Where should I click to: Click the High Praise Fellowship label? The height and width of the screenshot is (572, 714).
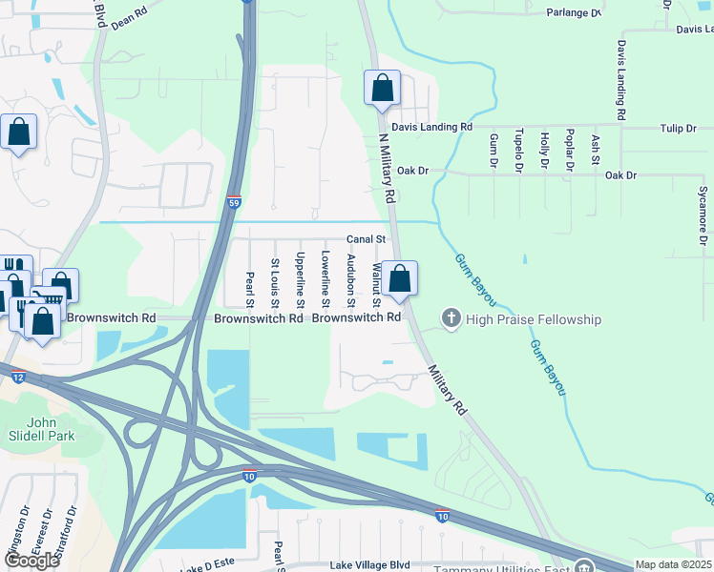coord(534,318)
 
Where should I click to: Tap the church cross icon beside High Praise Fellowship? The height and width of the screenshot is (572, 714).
coord(451,317)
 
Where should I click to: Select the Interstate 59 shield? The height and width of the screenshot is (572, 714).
coord(234,202)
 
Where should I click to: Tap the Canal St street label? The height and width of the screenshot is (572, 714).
coord(366,239)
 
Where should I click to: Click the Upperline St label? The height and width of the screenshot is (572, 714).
coord(300,279)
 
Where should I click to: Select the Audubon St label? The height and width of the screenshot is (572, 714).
coord(350,280)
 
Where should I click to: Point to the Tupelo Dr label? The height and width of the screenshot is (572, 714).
coord(518,151)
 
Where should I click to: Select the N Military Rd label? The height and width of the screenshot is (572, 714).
coord(387,168)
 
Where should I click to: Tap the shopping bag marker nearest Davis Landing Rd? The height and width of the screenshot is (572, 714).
coord(382,89)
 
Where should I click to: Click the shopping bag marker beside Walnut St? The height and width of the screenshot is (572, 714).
coord(402,279)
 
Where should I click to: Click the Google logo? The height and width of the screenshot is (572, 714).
coord(31,561)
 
